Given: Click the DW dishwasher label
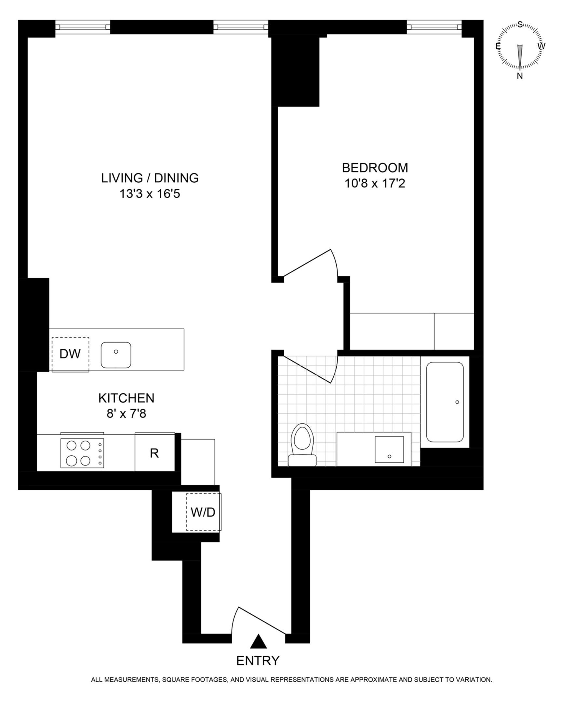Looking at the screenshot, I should point(70,354).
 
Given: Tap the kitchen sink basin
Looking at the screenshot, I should point(116,355).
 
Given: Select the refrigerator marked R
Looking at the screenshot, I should point(154,453).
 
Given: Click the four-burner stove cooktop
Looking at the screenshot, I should point(82,453).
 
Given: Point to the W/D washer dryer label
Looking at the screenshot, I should point(203,512).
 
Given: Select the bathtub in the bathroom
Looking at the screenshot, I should point(445,402).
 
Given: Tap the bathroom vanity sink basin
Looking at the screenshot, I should point(389,449).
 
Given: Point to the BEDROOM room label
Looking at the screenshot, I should point(375,168).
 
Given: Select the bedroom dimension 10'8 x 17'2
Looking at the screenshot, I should point(375,184).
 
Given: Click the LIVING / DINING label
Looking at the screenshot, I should point(150,178).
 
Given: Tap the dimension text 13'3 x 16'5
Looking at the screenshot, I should point(150,194).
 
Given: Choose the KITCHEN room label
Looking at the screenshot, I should point(126,398).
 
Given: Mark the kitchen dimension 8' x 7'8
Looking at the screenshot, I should point(126,413).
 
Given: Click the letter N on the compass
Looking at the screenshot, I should point(520,76).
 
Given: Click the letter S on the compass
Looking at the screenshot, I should point(520,24).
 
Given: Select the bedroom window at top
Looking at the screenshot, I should point(434,27).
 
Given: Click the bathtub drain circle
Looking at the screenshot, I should point(457,402).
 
